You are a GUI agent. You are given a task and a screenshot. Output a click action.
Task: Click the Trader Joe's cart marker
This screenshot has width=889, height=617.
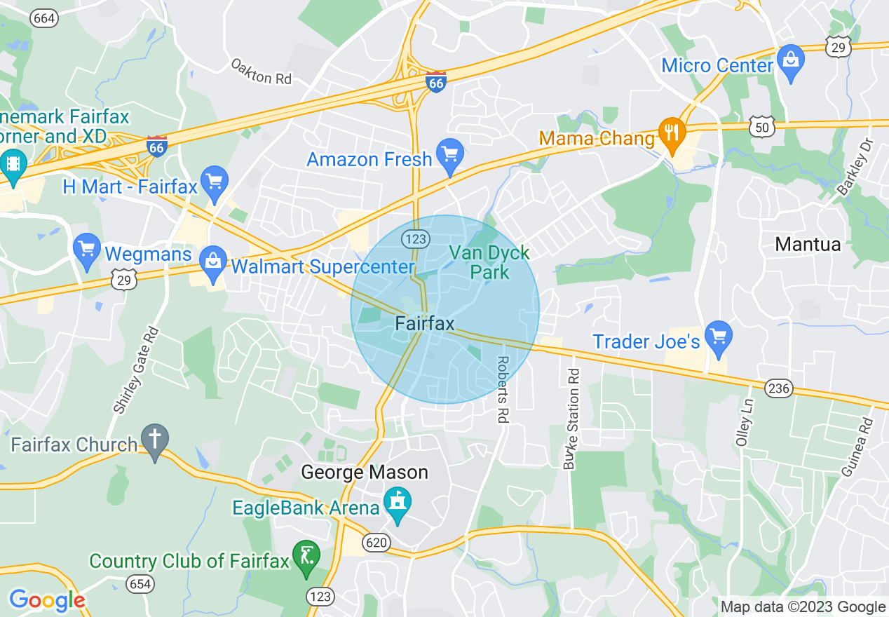click(x=717, y=337)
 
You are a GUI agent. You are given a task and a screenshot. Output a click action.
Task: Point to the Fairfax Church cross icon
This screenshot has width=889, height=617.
click(x=154, y=440)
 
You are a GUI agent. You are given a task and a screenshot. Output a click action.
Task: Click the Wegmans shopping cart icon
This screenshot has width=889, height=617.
click(x=87, y=249)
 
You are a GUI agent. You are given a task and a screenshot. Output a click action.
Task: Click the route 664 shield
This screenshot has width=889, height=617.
click(x=44, y=18)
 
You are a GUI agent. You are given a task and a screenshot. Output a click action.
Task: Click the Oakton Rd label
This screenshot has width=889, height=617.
click(x=261, y=72)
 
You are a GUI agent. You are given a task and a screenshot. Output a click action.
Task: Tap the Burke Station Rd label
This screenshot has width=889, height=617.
click(x=572, y=419)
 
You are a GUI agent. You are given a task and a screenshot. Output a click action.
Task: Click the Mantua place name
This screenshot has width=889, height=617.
click(x=808, y=245)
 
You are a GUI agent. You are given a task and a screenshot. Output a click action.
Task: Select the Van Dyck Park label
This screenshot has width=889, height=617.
click(x=489, y=262)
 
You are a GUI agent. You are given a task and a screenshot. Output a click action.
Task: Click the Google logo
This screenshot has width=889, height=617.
click(x=47, y=600)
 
